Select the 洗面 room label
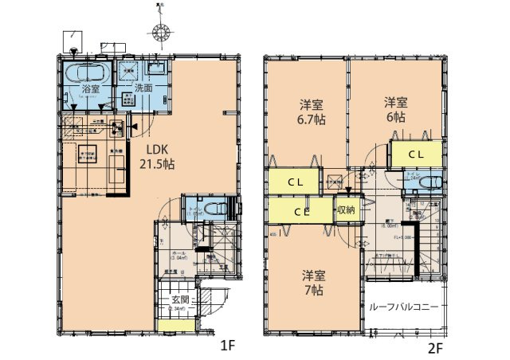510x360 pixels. pos(143,89)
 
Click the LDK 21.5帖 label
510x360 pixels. pos(158,156)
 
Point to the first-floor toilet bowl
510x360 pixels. pos(212,208)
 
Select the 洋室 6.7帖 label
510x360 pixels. pos(311,112)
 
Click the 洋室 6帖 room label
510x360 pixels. pos(396,109)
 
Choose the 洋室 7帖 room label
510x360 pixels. pos(313,283)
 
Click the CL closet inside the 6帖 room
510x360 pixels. pos(415,154)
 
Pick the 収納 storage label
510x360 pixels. pos(345,211)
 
